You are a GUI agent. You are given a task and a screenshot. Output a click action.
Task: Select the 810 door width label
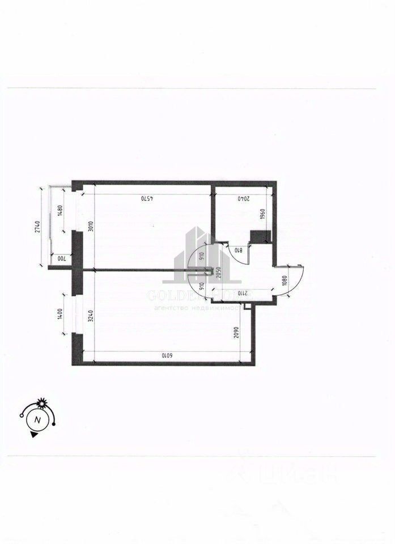tap(238, 249)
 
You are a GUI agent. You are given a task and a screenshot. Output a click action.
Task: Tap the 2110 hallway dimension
tap(240, 293)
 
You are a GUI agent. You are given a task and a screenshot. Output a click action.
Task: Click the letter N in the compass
tap(37, 420)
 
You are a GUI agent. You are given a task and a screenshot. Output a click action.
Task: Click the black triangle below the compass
tap(34, 435)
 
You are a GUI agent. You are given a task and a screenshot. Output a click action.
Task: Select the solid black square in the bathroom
tap(260, 237)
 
